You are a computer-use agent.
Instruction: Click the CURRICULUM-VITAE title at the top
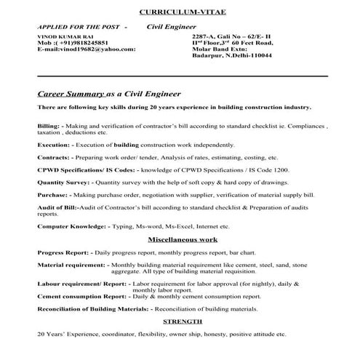(x=180, y=13)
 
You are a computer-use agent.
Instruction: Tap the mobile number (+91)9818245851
(x=76, y=42)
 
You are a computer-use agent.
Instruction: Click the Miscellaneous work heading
(x=183, y=239)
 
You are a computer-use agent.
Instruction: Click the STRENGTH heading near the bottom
(x=183, y=321)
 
